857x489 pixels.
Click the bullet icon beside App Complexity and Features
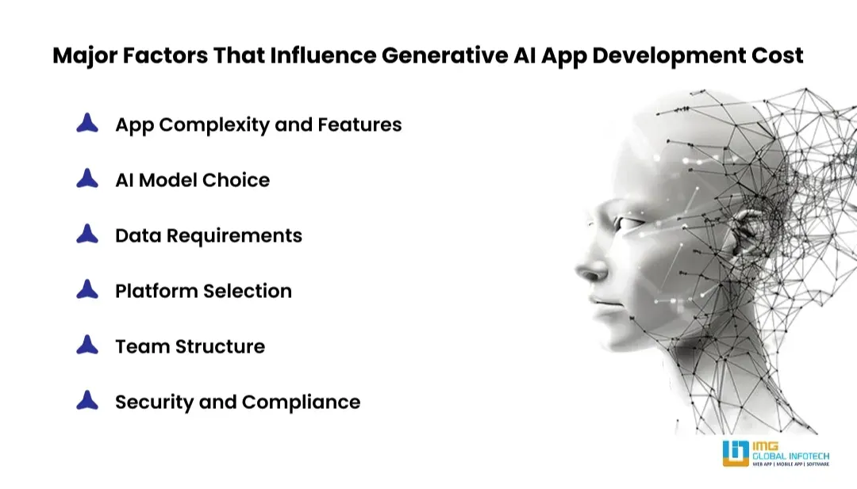87,124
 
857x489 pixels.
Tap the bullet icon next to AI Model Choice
87,179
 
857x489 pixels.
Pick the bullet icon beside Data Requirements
87,235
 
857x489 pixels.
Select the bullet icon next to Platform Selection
87,290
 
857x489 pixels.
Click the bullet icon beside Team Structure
87,346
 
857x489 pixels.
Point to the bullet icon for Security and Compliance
87,401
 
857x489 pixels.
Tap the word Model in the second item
169,180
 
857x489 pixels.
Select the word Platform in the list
156,291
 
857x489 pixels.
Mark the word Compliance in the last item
301,402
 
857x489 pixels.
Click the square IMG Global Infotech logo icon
736,453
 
